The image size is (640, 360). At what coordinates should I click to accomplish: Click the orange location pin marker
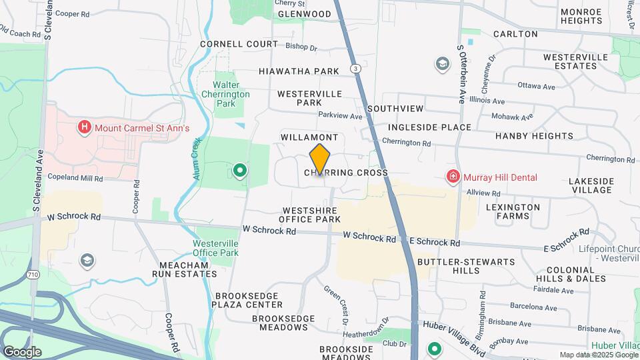(320, 159)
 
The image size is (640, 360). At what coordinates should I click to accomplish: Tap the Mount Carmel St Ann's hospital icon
(84, 127)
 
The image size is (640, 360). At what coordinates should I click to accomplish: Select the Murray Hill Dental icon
(453, 177)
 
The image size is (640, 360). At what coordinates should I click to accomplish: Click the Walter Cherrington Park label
(231, 94)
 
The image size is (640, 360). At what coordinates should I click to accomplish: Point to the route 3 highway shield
(357, 69)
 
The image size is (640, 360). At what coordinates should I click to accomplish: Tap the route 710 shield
(34, 274)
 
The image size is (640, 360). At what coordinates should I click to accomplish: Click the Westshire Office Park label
(309, 215)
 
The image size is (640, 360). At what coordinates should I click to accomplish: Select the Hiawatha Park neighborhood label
(299, 71)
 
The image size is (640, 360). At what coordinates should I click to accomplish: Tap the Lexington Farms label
(513, 212)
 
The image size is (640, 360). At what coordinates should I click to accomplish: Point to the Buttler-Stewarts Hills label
(466, 266)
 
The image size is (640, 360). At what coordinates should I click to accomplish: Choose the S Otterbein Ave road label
(461, 73)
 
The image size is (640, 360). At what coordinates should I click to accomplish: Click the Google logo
(22, 352)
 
